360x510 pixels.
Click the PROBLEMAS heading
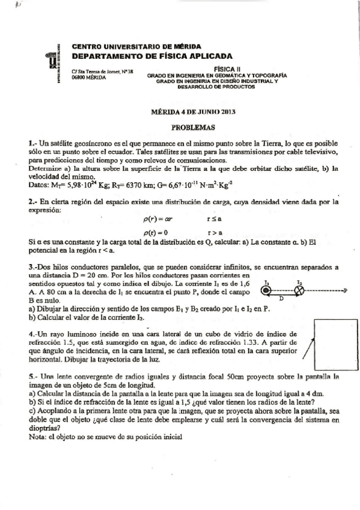189,127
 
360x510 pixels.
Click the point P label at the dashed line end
346,290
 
